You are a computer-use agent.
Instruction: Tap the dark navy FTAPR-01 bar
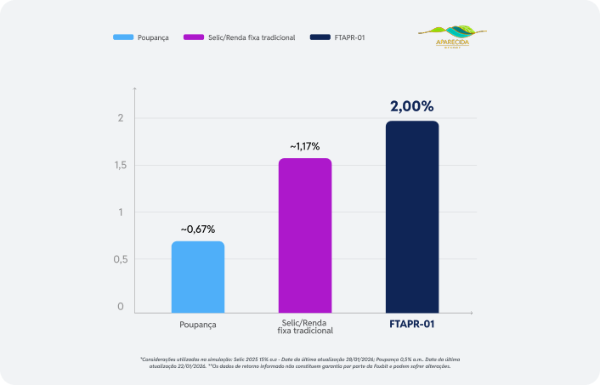(412, 218)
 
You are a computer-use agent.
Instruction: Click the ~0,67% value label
(197, 229)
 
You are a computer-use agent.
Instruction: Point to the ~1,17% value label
(305, 146)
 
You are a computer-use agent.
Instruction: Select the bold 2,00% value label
(412, 107)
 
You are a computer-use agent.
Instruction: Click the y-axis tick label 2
(122, 118)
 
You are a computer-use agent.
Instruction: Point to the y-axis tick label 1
(122, 212)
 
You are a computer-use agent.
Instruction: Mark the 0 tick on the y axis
(121, 307)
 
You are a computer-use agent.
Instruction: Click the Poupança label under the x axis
(198, 325)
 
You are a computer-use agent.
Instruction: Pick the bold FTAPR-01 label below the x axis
(412, 325)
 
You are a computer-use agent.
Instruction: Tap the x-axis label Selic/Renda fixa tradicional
(305, 328)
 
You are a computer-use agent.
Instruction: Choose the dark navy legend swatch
(320, 38)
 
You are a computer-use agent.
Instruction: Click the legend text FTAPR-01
(351, 38)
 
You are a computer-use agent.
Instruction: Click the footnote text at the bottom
(300, 364)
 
